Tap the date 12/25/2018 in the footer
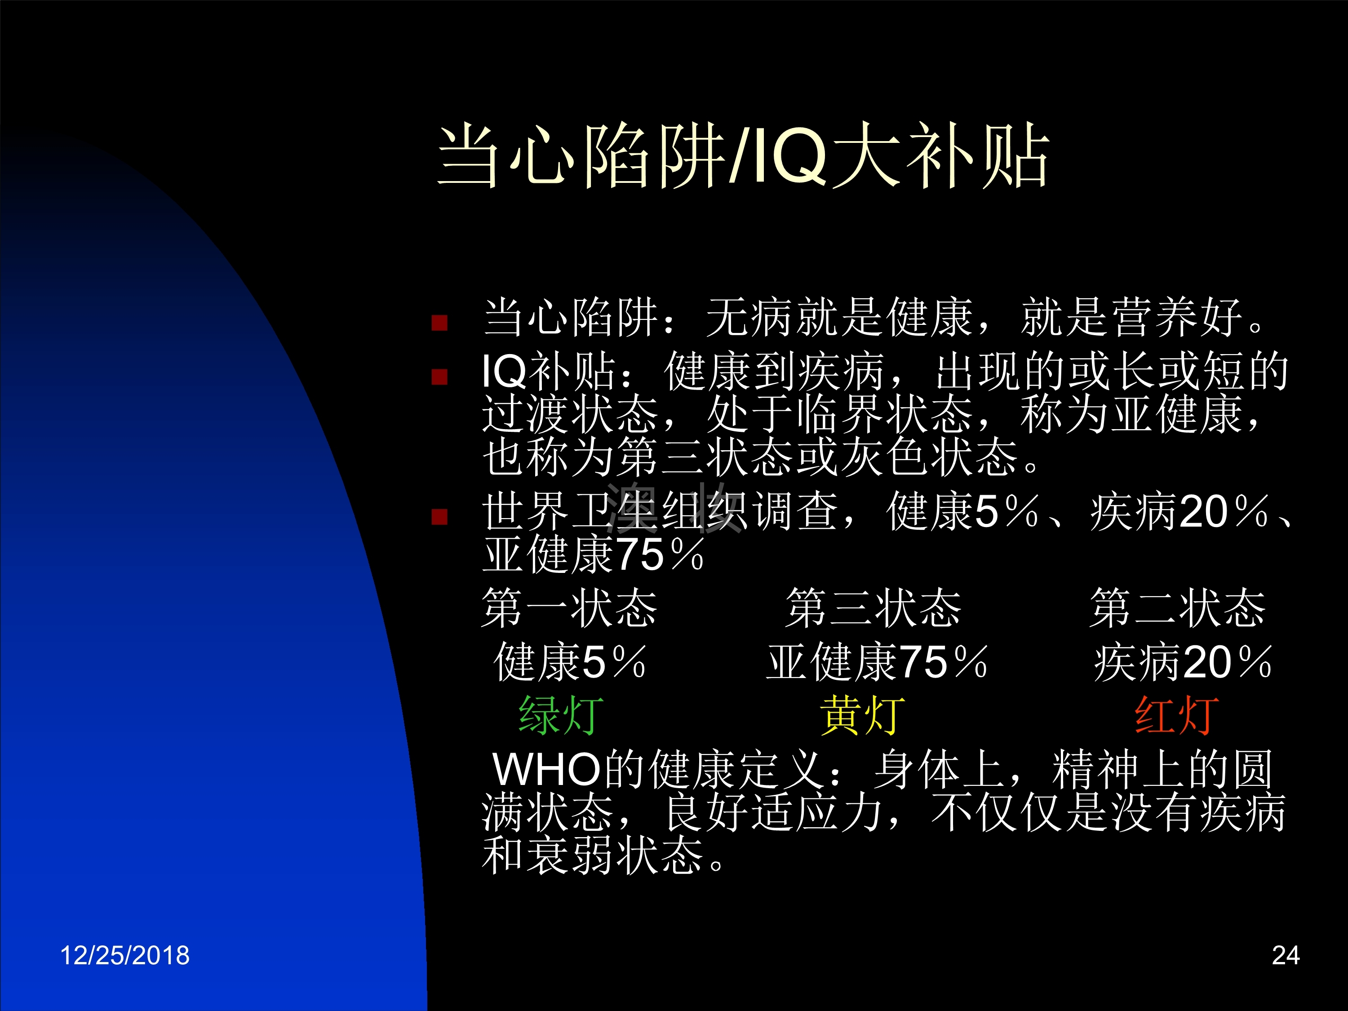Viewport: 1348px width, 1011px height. pyautogui.click(x=125, y=955)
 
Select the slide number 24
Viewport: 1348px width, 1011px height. pyautogui.click(x=1286, y=955)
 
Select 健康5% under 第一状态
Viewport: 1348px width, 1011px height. pyautogui.click(x=570, y=662)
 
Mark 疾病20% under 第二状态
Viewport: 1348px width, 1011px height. pyautogui.click(x=1183, y=662)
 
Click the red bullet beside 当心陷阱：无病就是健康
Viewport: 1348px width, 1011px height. pyautogui.click(x=439, y=322)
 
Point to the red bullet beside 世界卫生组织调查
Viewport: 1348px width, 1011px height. pyautogui.click(x=439, y=517)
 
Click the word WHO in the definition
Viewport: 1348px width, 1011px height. pyautogui.click(x=547, y=770)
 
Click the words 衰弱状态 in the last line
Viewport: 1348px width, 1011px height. pyautogui.click(x=614, y=855)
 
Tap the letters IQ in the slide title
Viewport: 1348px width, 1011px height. pyautogui.click(x=791, y=157)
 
